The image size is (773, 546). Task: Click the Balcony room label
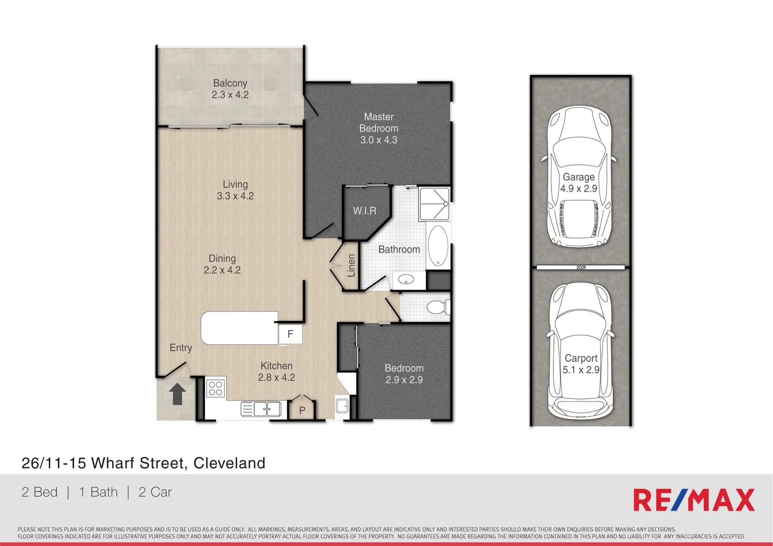click(230, 83)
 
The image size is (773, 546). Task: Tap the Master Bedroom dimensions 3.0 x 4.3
click(378, 140)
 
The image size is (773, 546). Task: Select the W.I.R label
click(364, 211)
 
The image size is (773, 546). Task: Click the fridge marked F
click(290, 334)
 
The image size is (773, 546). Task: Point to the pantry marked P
click(302, 410)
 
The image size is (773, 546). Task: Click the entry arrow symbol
click(177, 394)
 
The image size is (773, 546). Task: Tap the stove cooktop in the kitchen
click(216, 388)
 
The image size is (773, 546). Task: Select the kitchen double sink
click(261, 408)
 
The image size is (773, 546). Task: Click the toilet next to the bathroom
click(437, 307)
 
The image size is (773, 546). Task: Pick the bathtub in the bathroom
click(438, 246)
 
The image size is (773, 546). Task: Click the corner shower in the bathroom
click(434, 204)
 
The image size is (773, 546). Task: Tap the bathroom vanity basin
click(406, 279)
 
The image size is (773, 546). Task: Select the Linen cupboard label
click(351, 265)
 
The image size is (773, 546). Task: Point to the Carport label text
click(581, 358)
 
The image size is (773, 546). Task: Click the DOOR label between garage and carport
click(581, 267)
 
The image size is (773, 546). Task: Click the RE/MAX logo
click(694, 500)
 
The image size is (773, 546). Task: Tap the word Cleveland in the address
click(229, 463)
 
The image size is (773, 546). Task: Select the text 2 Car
click(155, 492)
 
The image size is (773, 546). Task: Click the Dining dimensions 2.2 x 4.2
click(222, 270)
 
